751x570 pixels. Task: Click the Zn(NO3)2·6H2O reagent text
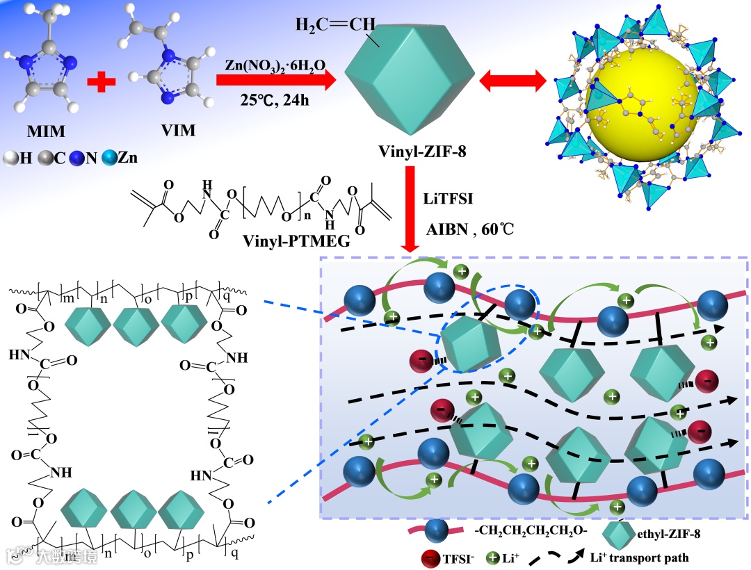(275, 65)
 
